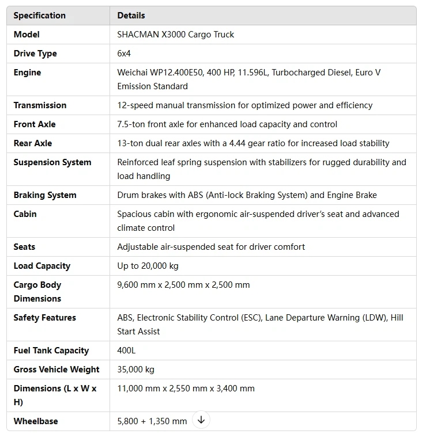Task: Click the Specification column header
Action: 39,16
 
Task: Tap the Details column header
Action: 131,16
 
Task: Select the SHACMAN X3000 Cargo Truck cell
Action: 175,35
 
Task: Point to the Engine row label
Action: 27,73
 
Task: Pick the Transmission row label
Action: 40,105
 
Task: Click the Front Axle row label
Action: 35,124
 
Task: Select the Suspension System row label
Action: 52,162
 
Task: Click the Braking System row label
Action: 45,195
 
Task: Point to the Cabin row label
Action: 25,214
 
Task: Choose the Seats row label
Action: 24,247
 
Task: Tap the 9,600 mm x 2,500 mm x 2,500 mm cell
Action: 183,285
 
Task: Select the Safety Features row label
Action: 44,318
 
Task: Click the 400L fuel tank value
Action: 126,351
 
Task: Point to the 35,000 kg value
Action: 135,370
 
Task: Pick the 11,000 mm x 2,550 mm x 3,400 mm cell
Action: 186,389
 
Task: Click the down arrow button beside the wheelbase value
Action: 201,420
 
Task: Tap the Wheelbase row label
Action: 36,421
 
